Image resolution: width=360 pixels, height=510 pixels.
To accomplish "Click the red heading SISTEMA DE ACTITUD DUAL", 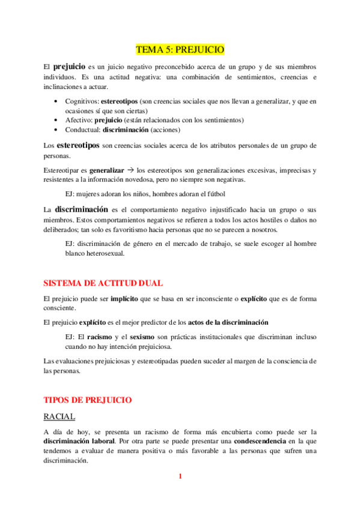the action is click(x=103, y=283).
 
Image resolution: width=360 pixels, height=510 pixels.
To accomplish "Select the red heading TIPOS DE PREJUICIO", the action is click(x=88, y=399).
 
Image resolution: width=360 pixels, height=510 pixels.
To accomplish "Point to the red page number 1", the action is click(x=180, y=476).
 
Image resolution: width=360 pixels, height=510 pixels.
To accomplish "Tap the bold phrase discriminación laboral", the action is click(x=79, y=441).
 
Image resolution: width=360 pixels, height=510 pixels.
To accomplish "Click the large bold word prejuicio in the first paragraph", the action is click(x=69, y=66).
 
